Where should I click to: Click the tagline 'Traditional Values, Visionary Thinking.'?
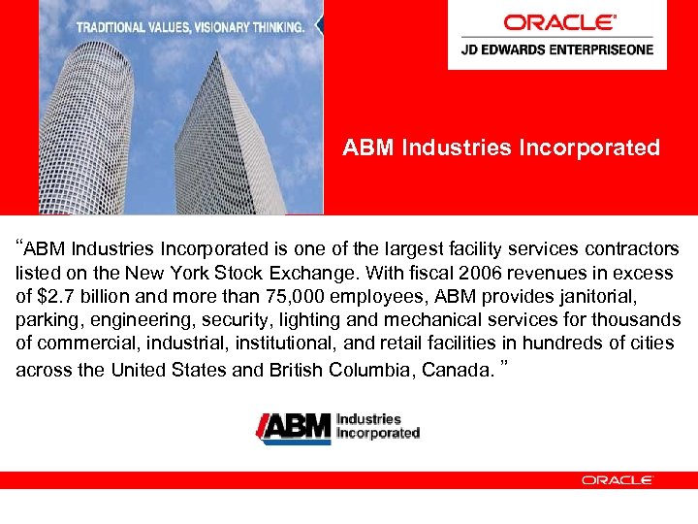click(x=190, y=27)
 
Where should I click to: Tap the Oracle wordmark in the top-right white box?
click(x=559, y=22)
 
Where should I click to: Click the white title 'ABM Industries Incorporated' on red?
click(x=501, y=147)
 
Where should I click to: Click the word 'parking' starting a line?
click(x=46, y=319)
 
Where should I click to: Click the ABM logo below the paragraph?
click(x=337, y=427)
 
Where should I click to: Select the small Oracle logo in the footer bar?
click(x=617, y=479)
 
